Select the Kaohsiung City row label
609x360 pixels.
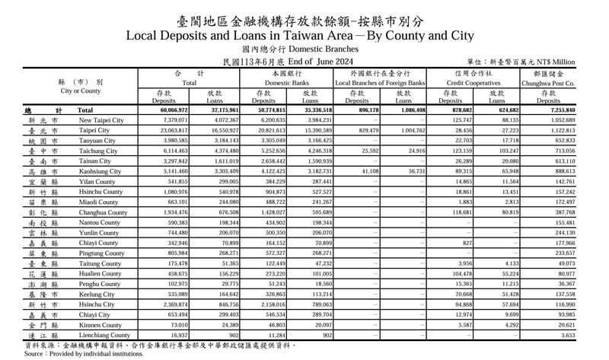100,172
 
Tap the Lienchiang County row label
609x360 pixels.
104,336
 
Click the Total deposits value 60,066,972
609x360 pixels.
171,111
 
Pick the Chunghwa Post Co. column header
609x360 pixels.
548,82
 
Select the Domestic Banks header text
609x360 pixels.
286,82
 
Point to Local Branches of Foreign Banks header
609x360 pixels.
380,82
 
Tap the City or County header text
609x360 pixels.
81,91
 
